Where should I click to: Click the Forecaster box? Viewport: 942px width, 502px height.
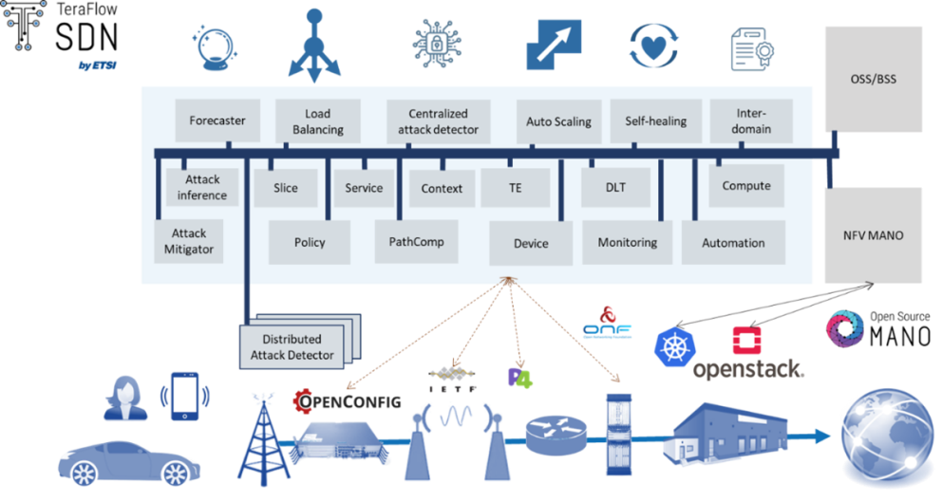click(x=217, y=121)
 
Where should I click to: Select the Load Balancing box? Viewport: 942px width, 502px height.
click(x=317, y=121)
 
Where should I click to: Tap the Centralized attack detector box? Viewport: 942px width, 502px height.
click(x=438, y=121)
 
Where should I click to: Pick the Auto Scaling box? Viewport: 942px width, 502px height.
click(x=558, y=121)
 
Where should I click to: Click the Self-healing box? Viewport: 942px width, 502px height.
click(x=655, y=121)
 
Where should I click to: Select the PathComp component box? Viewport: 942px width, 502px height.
click(x=416, y=242)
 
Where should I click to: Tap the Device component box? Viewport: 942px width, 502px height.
click(x=531, y=243)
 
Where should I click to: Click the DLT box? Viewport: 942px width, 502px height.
click(x=615, y=187)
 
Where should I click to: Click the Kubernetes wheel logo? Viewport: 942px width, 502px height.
click(x=675, y=348)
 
